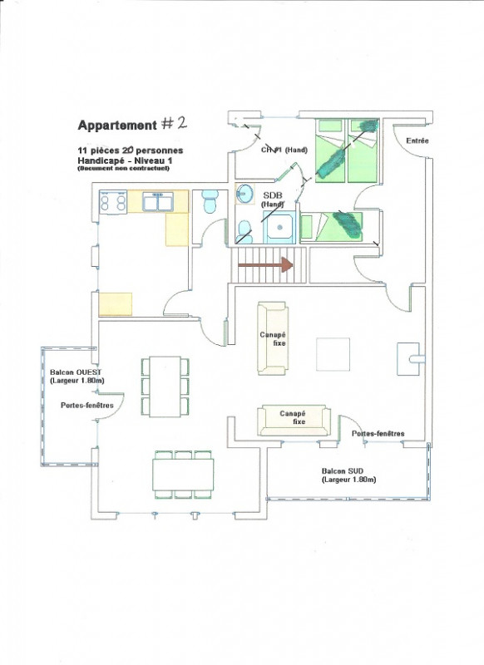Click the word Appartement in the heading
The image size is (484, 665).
pyautogui.click(x=116, y=126)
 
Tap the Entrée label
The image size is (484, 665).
pyautogui.click(x=417, y=141)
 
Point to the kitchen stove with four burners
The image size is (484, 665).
pyautogui.click(x=113, y=201)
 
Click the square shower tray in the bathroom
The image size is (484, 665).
pyautogui.click(x=281, y=227)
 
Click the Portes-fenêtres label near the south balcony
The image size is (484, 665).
pyautogui.click(x=378, y=434)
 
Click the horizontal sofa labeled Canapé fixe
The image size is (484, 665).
pyautogui.click(x=294, y=421)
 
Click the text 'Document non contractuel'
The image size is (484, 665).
pyautogui.click(x=122, y=168)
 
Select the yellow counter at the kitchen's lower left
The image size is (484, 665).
pyautogui.click(x=116, y=304)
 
